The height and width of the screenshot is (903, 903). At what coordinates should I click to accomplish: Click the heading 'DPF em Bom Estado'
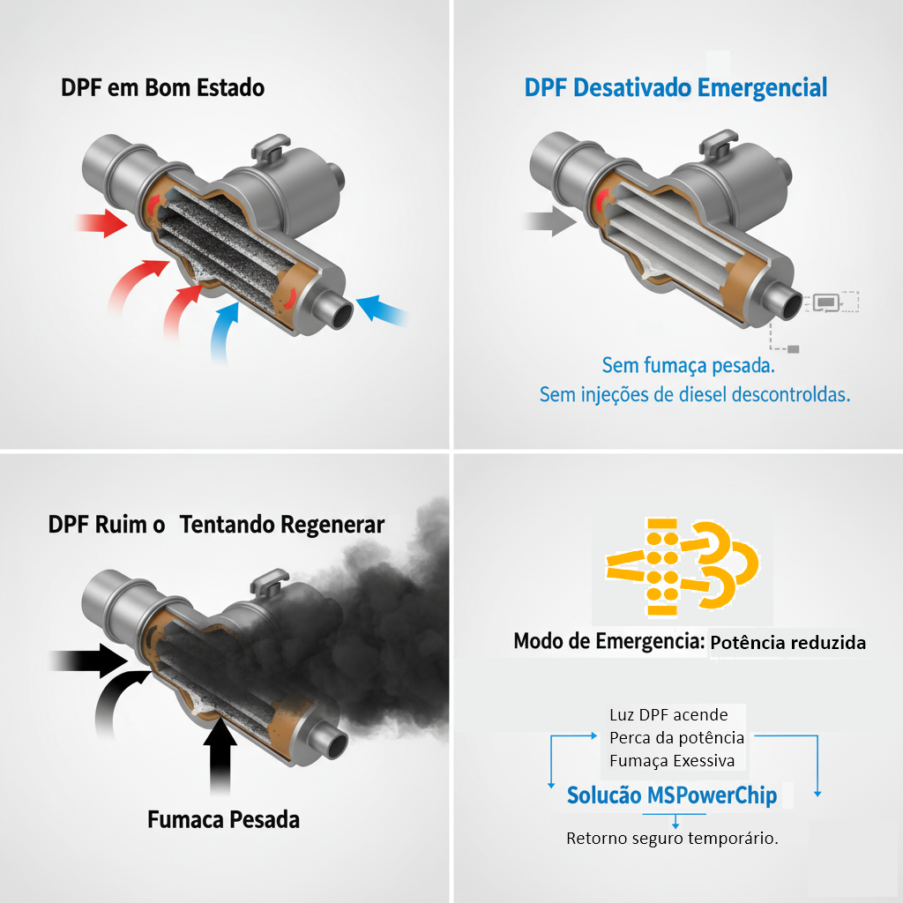[163, 88]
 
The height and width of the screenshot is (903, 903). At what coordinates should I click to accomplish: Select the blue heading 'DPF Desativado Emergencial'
[675, 88]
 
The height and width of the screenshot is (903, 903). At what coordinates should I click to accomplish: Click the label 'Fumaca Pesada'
[223, 819]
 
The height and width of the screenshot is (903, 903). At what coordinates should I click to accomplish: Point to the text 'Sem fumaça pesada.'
[688, 366]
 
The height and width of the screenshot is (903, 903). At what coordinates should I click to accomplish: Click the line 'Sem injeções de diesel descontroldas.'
[695, 395]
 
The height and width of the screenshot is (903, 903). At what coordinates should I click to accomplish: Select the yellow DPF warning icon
[682, 567]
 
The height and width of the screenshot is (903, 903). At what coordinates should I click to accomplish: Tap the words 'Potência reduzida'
[787, 643]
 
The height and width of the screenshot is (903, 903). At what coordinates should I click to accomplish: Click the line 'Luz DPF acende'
[668, 714]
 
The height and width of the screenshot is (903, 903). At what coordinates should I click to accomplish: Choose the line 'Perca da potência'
[676, 738]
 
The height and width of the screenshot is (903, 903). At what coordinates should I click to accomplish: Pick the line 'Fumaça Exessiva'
[672, 761]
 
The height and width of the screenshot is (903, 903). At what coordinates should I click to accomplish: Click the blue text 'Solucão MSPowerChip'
[672, 795]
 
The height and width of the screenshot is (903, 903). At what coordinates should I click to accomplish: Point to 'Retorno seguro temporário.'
[672, 838]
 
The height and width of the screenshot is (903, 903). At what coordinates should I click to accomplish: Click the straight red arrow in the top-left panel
[102, 223]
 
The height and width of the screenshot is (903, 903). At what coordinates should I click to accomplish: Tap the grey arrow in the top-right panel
[550, 221]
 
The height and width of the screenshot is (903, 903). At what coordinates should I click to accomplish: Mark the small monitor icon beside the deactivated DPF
[825, 302]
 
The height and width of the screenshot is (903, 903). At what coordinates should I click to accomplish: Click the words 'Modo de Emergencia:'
[609, 641]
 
